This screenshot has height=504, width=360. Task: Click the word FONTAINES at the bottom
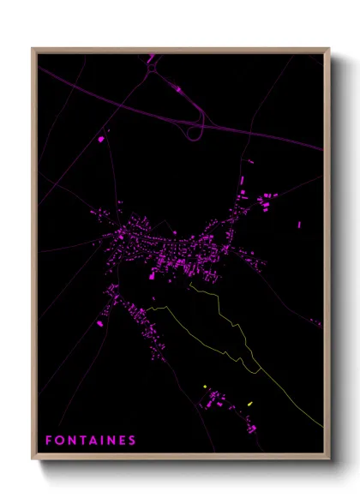[90, 441]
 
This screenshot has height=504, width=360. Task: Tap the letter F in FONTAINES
[48, 441]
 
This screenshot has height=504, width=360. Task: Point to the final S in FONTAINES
[132, 441]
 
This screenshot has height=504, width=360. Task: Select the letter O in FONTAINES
[58, 441]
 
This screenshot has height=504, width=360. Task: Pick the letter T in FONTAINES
[81, 441]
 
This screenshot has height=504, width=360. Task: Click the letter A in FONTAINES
[91, 441]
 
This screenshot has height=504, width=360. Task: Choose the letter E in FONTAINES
[122, 441]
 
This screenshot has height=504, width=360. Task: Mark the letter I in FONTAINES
[100, 441]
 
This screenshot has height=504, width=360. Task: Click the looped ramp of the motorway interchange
[194, 131]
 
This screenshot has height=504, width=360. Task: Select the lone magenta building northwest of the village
[101, 137]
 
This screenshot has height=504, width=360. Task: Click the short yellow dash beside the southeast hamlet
[250, 403]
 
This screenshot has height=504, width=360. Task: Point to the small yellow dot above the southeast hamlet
[205, 387]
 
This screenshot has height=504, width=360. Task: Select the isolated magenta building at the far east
[299, 225]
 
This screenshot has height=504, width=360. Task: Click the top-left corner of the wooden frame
[33, 49]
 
